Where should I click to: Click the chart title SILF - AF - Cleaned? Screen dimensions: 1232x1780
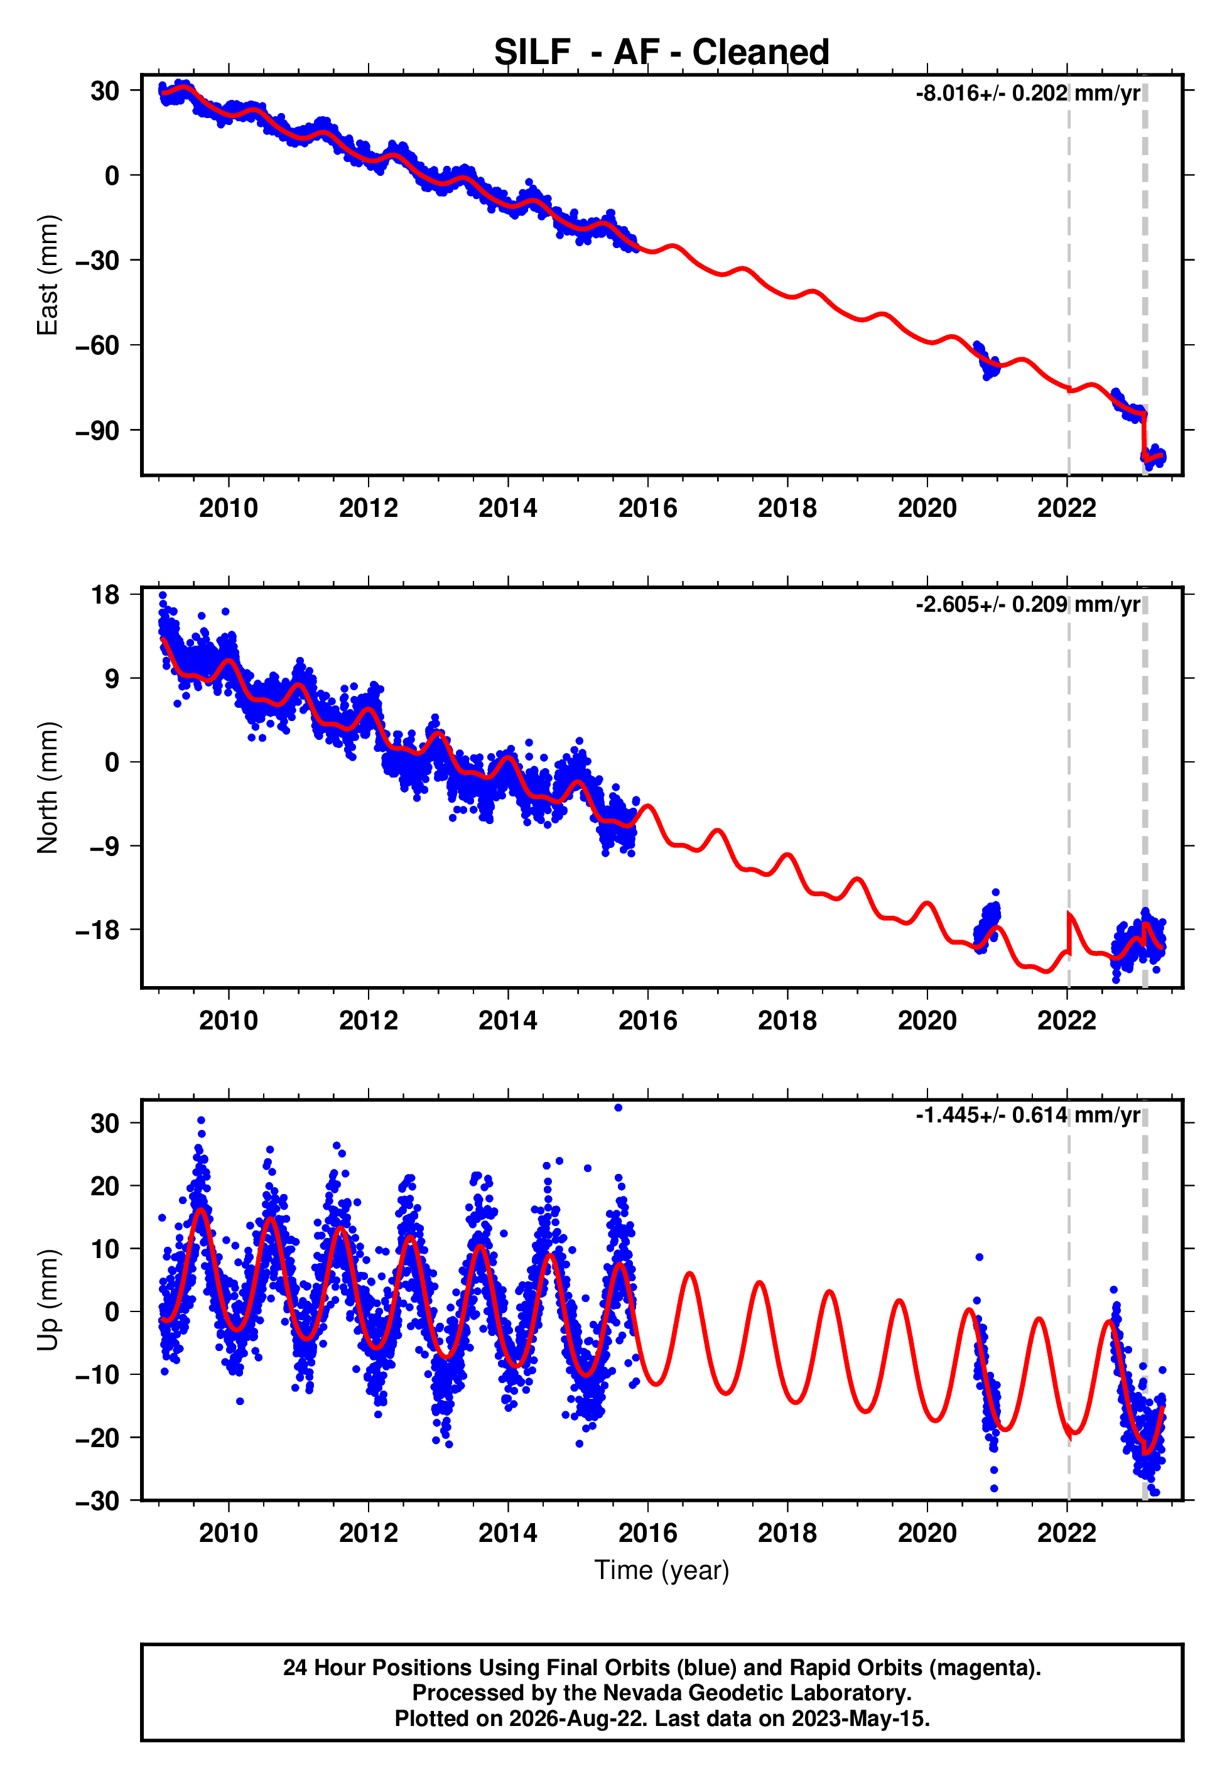[x=662, y=53]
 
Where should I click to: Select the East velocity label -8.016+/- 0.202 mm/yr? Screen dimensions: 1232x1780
[x=1027, y=94]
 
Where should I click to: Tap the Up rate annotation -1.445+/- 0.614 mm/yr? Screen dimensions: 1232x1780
[x=1027, y=1115]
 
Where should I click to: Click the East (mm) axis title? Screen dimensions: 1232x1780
[x=48, y=275]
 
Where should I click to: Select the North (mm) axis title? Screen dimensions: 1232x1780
[x=48, y=788]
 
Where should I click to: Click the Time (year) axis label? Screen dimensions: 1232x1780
[x=662, y=1571]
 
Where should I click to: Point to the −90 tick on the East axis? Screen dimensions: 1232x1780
[x=97, y=431]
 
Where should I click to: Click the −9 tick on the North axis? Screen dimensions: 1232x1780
[x=105, y=846]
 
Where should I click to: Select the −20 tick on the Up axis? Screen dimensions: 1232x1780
[x=97, y=1438]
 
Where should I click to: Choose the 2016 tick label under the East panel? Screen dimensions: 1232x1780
[x=647, y=508]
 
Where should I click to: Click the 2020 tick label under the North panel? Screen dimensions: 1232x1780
[x=927, y=1021]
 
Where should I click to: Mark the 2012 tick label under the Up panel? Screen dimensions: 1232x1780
[x=368, y=1533]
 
